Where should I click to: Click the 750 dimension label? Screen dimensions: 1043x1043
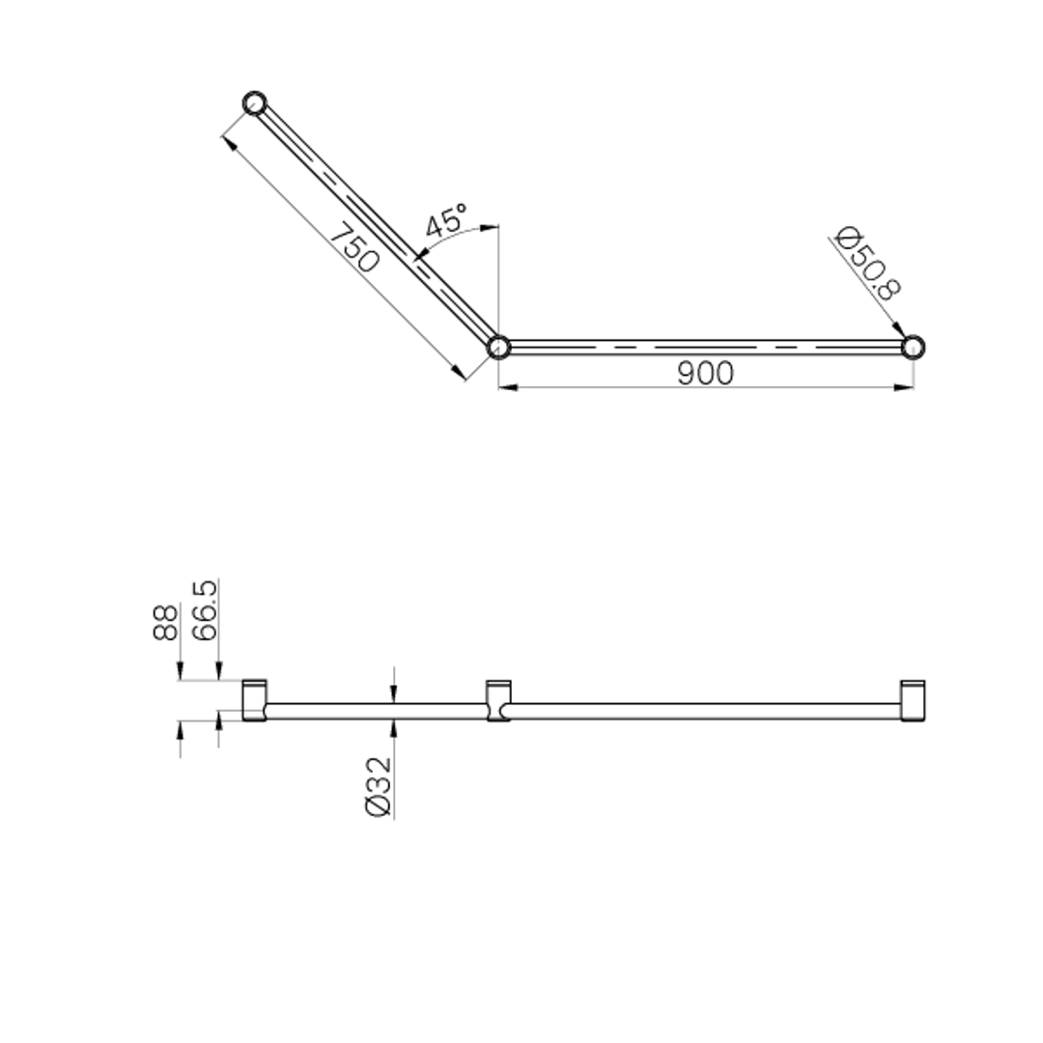coord(353,248)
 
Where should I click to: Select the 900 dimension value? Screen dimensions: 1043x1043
coord(704,373)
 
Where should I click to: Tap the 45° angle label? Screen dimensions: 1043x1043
coord(445,221)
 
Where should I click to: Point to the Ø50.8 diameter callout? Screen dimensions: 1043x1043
coord(868,264)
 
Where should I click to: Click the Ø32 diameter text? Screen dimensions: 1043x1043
coord(380,786)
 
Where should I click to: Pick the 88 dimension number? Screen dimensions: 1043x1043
coord(165,622)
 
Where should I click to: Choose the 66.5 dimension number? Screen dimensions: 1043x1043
coord(204,610)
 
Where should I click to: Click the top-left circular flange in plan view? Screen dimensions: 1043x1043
coord(254,102)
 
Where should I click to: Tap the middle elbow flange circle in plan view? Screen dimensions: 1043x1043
coord(497,346)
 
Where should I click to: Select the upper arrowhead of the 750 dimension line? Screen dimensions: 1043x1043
coord(229,142)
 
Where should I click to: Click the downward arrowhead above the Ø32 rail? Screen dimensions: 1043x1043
coord(393,693)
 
